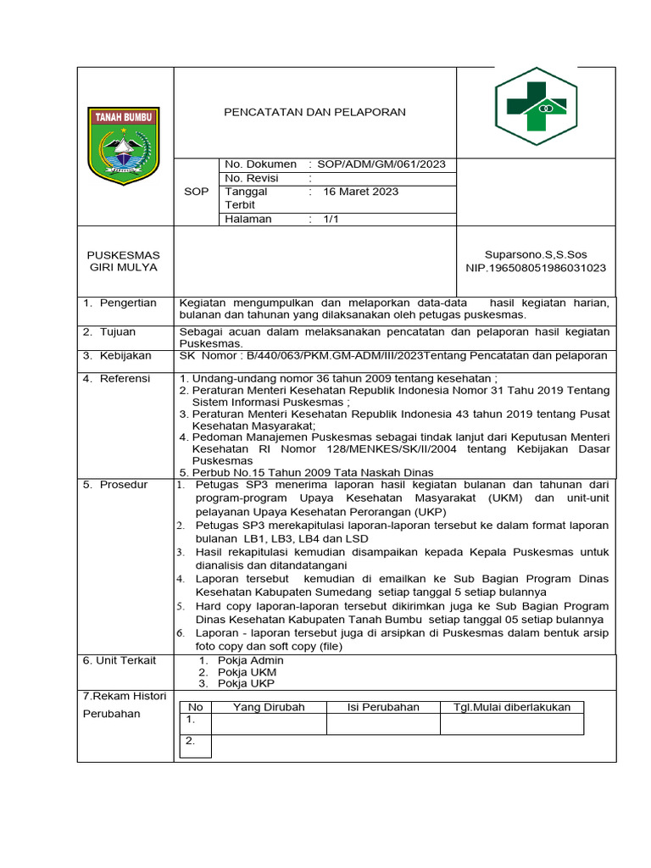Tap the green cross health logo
(x=536, y=107)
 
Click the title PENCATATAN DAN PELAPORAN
(x=314, y=112)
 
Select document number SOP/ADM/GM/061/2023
(x=381, y=164)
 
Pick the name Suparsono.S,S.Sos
(x=536, y=254)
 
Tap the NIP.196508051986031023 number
(x=536, y=268)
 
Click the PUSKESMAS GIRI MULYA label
(x=124, y=261)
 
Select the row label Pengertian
(x=128, y=303)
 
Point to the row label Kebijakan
(x=125, y=355)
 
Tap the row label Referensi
(x=125, y=378)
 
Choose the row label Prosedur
(x=124, y=485)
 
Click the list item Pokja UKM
(x=239, y=672)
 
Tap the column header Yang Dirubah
(x=269, y=707)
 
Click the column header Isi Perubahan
(x=383, y=707)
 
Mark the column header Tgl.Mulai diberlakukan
(x=512, y=707)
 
